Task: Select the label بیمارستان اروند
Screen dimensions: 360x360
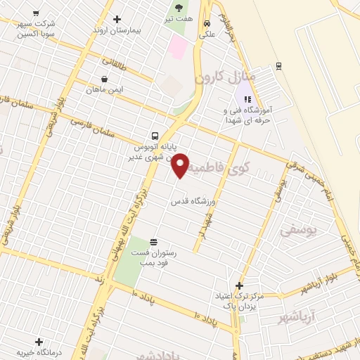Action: pos(117,31)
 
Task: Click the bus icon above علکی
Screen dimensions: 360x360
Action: pos(206,22)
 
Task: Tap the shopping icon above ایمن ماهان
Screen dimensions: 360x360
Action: pos(104,79)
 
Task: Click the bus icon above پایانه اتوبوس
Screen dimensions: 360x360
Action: pos(154,136)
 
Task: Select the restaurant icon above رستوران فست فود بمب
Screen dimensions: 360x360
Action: pos(154,241)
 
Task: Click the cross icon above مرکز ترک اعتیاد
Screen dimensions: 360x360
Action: pos(239,286)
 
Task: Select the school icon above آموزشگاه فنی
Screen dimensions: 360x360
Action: pos(247,99)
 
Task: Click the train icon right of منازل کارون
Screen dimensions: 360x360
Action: pos(279,66)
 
